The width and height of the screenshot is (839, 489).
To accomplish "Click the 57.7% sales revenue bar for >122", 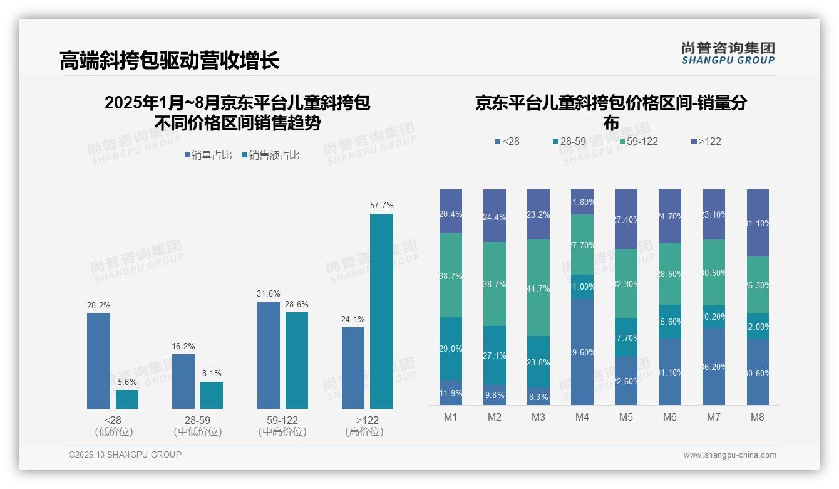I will (381, 312).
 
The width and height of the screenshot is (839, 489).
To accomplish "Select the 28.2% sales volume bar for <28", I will (98, 361).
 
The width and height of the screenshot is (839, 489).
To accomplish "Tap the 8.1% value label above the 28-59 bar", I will (212, 373).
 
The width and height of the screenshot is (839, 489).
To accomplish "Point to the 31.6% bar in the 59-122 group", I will (268, 355).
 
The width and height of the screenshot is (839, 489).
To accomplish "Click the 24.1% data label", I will (353, 319).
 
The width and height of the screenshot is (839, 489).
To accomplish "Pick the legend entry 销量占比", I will (210, 155).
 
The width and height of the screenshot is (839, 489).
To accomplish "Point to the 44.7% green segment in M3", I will (538, 288).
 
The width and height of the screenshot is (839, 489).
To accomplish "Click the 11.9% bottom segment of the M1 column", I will (451, 392).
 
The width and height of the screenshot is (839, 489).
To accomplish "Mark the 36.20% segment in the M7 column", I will (714, 366).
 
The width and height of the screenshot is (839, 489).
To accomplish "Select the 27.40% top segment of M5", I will (626, 219).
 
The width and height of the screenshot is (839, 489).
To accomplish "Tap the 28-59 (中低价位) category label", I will (198, 426).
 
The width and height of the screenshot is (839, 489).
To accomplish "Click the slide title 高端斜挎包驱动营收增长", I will (169, 60).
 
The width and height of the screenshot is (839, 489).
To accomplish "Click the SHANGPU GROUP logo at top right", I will (728, 53).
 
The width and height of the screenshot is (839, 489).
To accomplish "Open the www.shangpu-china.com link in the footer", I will (729, 455).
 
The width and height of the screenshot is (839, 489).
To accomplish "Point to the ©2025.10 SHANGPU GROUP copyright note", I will (125, 455).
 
